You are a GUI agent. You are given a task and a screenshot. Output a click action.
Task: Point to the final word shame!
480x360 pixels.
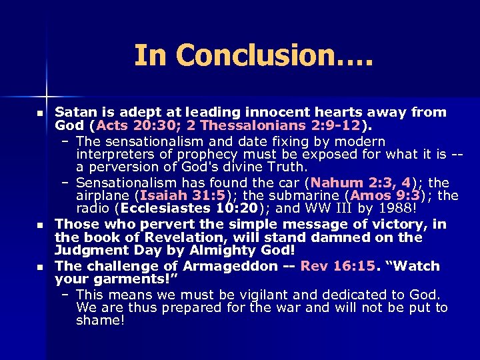coord(100,321)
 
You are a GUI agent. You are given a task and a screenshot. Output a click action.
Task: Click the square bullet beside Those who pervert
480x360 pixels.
coord(40,225)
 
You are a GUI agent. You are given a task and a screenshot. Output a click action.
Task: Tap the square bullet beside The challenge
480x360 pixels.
coord(40,267)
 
